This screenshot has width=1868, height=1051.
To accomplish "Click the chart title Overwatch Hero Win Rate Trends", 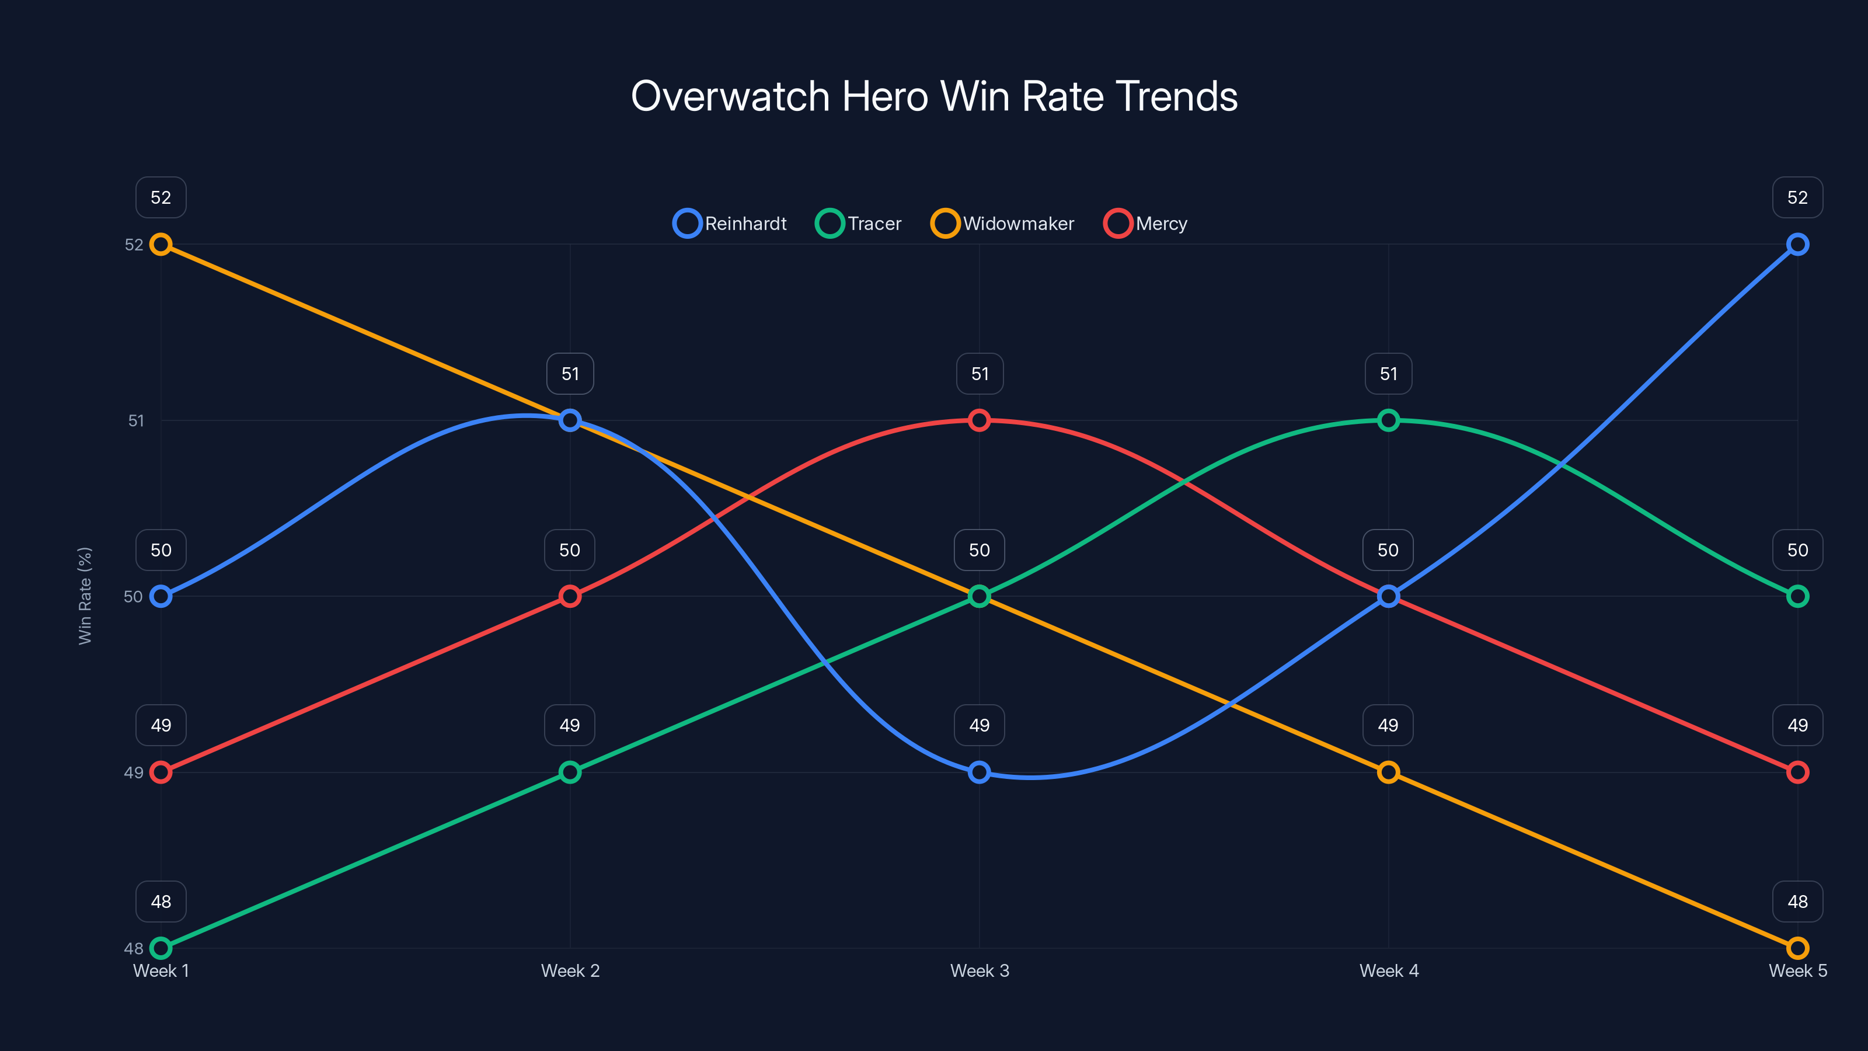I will click(934, 96).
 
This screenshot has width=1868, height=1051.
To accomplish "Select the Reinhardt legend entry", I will click(730, 224).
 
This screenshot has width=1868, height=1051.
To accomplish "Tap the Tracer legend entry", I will click(859, 224).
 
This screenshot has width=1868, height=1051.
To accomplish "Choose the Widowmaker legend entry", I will click(1003, 224).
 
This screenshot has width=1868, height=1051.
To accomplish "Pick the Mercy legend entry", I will click(1146, 224).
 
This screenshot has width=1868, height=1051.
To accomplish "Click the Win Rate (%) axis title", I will click(85, 596).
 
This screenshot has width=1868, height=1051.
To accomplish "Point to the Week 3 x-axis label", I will click(979, 970).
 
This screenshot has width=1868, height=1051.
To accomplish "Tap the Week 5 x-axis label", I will click(1797, 970).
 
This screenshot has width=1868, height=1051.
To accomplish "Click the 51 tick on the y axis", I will click(135, 420).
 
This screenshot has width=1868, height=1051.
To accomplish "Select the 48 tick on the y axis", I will click(134, 948).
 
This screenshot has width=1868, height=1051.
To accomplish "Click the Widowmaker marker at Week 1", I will click(161, 245).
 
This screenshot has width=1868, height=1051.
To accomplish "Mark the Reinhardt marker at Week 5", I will click(1797, 245).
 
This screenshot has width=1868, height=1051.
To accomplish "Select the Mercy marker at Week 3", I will click(979, 420).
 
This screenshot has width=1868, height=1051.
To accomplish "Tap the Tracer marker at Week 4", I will click(1388, 420).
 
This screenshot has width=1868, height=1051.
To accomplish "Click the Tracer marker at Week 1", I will click(161, 948).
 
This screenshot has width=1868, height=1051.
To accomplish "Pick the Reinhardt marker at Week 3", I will click(979, 772).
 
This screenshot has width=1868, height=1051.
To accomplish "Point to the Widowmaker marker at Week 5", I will click(1797, 948).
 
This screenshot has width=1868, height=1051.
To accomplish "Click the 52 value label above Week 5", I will click(1797, 197).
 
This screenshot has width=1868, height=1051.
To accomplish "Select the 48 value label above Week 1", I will click(161, 902).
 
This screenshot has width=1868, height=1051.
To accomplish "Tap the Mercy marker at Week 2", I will click(570, 596).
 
